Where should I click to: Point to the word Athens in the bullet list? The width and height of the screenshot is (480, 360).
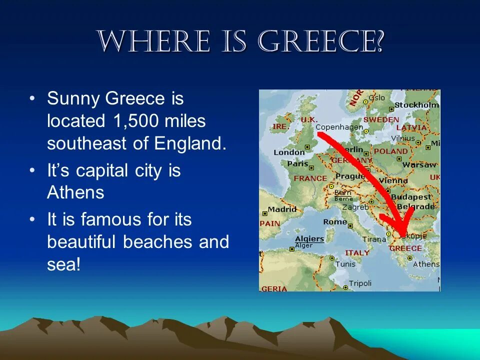click(x=75, y=193)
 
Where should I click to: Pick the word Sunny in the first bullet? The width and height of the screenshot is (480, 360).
click(x=73, y=99)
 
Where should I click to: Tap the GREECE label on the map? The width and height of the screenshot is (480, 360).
click(x=405, y=248)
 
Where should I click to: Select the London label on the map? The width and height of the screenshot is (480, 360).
click(x=289, y=152)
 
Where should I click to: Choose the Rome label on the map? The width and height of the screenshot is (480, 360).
click(x=335, y=221)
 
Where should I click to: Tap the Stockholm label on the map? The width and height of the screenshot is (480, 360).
click(x=416, y=105)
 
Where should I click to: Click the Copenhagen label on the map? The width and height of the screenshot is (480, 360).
click(x=339, y=127)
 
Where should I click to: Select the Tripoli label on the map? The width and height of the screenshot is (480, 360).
click(x=360, y=283)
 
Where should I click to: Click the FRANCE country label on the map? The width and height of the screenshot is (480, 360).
click(x=310, y=178)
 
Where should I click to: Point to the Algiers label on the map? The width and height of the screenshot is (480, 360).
click(x=309, y=238)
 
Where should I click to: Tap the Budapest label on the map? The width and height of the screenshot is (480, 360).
click(x=411, y=197)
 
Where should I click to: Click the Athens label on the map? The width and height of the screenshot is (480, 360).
click(x=426, y=264)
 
